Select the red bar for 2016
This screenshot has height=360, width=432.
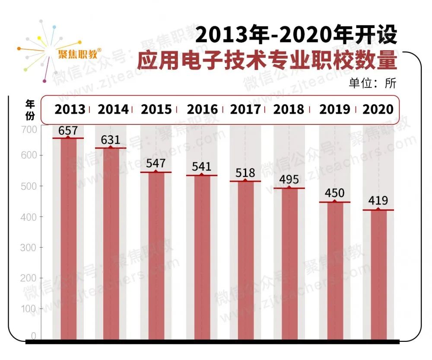click(202, 257)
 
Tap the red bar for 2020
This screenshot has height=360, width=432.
click(378, 274)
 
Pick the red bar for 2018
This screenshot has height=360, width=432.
click(289, 264)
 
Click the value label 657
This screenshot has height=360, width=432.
click(68, 131)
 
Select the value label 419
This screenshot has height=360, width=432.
click(378, 201)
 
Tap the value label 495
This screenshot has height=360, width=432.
click(289, 179)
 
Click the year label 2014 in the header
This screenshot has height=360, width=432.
click(113, 109)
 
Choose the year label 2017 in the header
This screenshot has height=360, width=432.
click(245, 109)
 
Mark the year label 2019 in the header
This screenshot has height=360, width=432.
click(334, 109)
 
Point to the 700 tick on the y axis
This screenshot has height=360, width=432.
click(29, 129)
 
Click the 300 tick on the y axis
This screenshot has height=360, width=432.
click(29, 248)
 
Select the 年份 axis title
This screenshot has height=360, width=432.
click(30, 109)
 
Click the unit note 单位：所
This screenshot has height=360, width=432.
click(372, 83)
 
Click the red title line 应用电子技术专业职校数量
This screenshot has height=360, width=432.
click(267, 61)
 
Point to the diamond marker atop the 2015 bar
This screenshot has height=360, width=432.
click(156, 172)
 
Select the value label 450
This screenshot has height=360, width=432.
click(334, 193)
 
